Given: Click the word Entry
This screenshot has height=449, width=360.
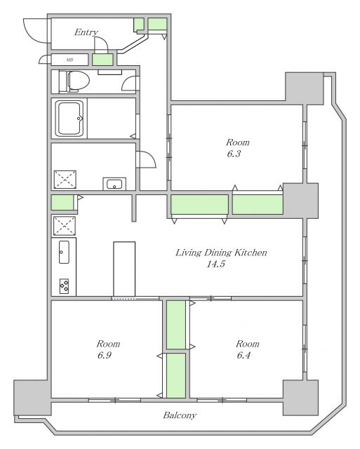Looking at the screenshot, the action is pos(86,32).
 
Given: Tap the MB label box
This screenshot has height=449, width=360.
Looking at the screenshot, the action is pos(69,60).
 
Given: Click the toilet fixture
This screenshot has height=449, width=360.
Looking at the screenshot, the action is pos(74,81).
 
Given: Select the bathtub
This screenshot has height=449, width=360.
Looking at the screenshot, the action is pos(70,119).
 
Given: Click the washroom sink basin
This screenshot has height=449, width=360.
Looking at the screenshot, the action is pos(114,184).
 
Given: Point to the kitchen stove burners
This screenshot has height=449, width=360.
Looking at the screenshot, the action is pos(64,286).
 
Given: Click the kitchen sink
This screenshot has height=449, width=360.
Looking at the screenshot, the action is pos(64,252).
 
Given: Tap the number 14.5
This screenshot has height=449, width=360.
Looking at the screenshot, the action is pos(216,264).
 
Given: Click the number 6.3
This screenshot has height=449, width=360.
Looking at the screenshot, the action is pos(234,154).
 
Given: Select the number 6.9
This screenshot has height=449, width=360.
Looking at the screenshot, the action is pos(105,356).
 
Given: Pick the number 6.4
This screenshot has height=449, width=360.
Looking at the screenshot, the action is pos(244,356).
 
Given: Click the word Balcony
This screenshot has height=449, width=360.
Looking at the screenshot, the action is pos(180,415).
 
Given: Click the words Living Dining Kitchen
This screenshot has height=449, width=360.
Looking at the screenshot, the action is pos(221,253).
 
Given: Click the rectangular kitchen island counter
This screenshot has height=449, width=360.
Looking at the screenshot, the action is pos(124,269).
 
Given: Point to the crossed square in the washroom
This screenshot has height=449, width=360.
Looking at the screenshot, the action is pos(65,180).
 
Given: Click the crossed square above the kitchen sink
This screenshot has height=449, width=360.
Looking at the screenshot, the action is pos(65,226).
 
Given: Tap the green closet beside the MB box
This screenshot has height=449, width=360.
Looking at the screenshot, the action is pos(102,60).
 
